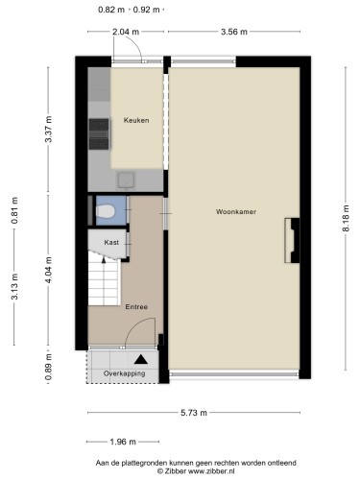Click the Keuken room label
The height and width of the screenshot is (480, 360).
[x=136, y=120]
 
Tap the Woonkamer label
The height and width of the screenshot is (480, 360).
[x=236, y=211]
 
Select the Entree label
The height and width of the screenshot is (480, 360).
[x=136, y=307]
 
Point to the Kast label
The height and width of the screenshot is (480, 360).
[x=111, y=242]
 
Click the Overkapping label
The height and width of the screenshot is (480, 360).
[x=124, y=373]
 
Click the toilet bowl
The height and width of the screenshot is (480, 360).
[x=105, y=211]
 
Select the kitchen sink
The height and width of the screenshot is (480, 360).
[x=127, y=180]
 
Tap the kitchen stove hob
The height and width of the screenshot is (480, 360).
[x=99, y=134]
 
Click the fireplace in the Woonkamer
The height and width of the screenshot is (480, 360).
[x=292, y=240]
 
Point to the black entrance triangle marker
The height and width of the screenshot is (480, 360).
[x=141, y=359]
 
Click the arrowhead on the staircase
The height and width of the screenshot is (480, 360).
[x=104, y=259]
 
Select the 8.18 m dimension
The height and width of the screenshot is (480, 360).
[x=346, y=218]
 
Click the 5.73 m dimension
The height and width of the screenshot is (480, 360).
[x=194, y=413]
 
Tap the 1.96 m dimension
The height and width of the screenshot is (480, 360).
[x=123, y=442]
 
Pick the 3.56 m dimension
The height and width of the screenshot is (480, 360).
[x=234, y=32]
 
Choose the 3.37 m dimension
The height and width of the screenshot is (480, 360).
[x=48, y=129]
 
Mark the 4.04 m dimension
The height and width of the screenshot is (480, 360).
[x=48, y=270]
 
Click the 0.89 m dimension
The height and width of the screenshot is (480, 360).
[x=48, y=368]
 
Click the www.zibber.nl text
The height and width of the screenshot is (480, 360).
[x=211, y=471]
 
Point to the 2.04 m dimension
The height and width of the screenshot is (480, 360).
[x=126, y=32]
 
